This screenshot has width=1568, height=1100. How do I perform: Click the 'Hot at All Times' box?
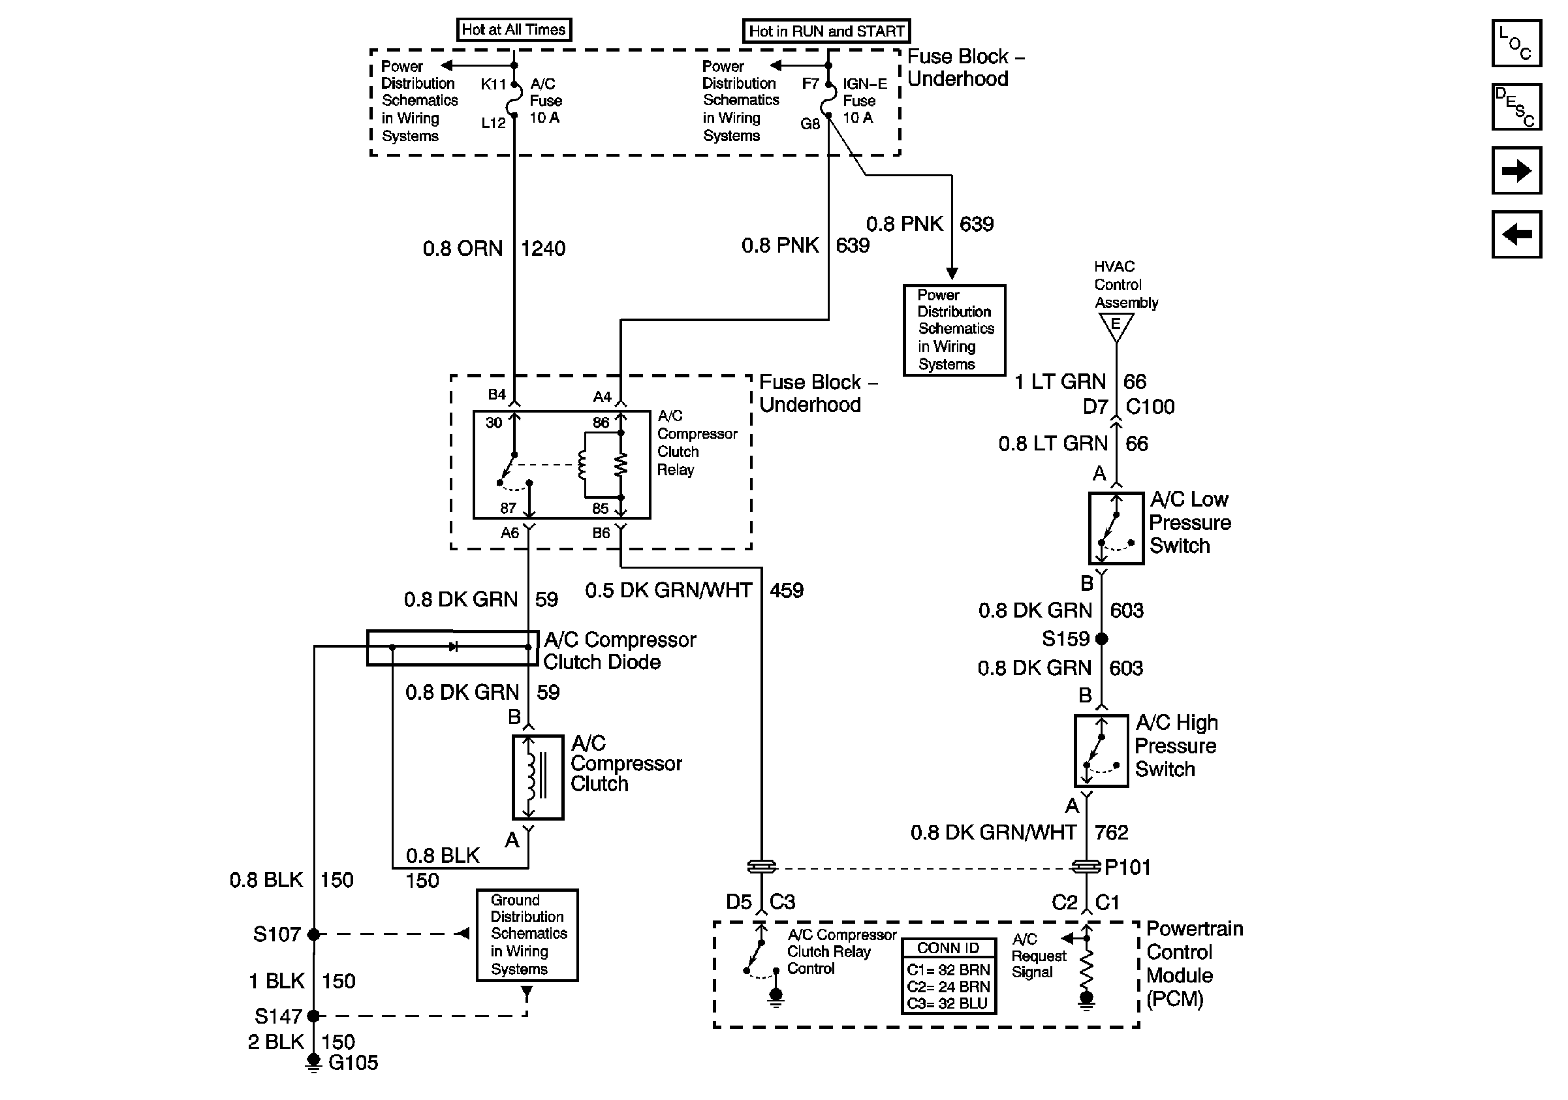point(514,29)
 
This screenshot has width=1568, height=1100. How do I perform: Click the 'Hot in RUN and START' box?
point(826,31)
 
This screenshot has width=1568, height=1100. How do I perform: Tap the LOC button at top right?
point(1516,43)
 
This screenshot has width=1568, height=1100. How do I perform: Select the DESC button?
point(1516,106)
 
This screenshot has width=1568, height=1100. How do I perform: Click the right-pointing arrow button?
point(1516,170)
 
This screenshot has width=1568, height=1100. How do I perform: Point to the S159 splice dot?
point(1101,638)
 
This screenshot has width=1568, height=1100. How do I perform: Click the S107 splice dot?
point(313,934)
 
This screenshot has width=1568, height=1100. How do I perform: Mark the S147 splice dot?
point(313,1015)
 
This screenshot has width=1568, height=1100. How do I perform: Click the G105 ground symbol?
point(313,1061)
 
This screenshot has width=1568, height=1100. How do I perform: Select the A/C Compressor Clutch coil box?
point(537,777)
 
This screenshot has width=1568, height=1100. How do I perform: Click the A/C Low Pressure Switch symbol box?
point(1115,528)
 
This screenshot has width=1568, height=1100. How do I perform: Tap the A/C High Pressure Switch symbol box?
point(1100,750)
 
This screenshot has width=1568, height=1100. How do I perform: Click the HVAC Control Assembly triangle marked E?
point(1115,326)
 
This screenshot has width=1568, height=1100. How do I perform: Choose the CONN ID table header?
point(948,948)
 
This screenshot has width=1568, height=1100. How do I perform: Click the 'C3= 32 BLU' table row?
point(948,1003)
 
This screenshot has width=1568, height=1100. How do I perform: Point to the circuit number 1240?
point(543,249)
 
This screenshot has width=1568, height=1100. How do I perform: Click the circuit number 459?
point(786,591)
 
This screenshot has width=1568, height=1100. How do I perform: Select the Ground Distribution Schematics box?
point(527,934)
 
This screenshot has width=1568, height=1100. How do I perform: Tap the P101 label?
point(1127,867)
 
